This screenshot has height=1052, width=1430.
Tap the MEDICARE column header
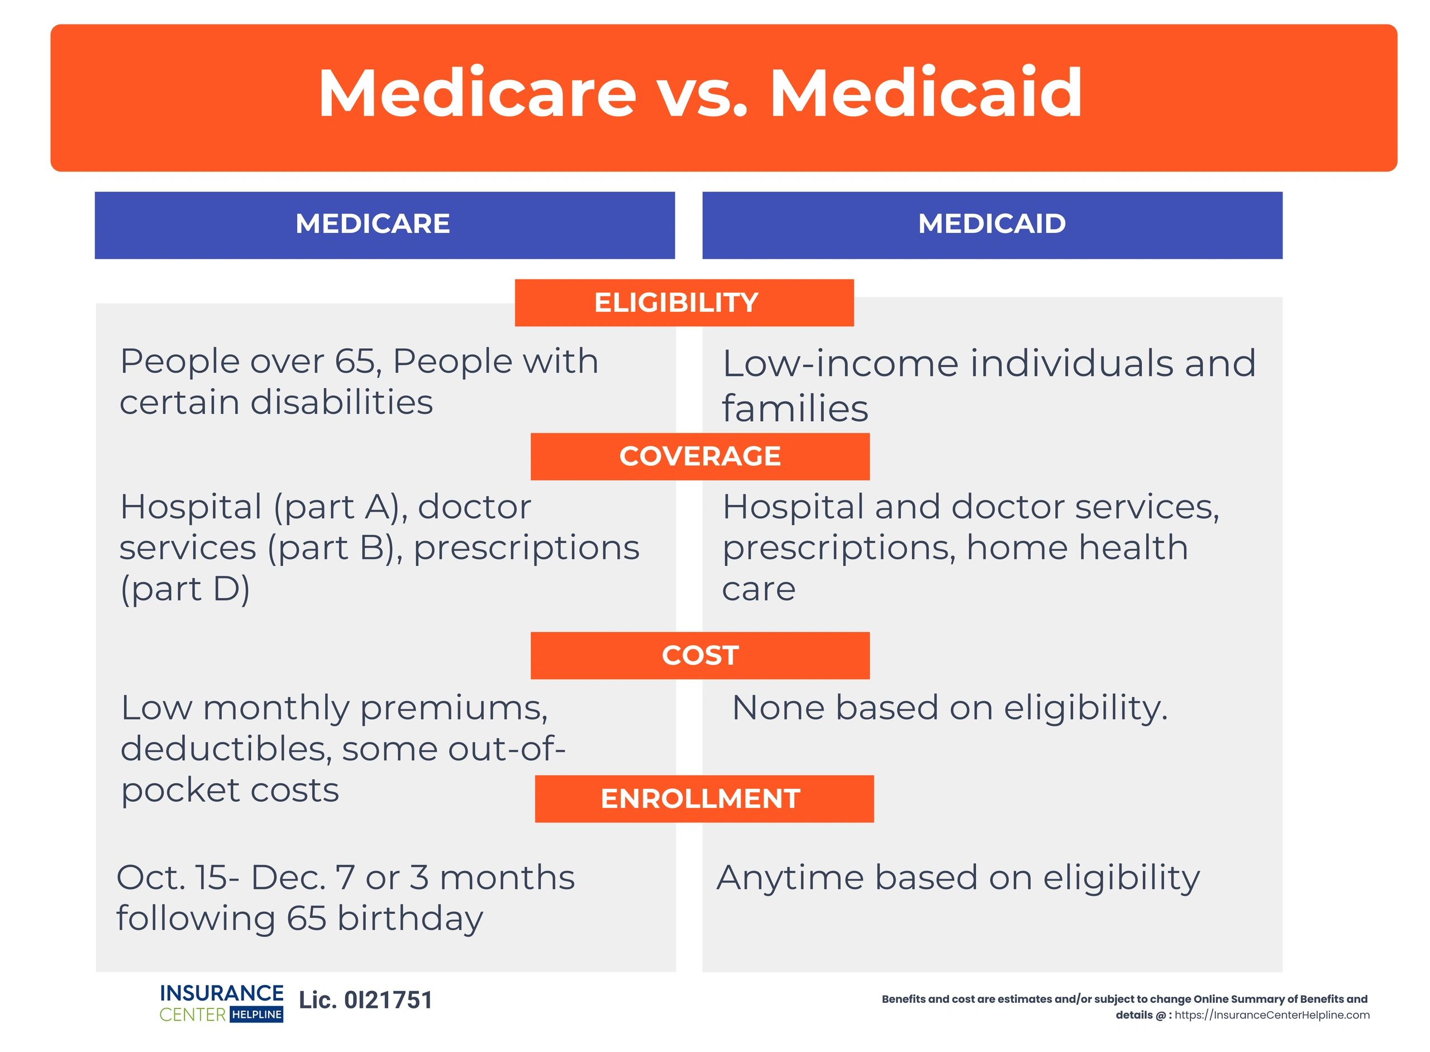(x=373, y=223)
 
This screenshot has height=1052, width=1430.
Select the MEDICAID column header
(x=992, y=223)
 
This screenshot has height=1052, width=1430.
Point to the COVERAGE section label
(x=699, y=456)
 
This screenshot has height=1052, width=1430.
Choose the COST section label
(x=699, y=655)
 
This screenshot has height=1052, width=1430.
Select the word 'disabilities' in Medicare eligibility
(x=342, y=402)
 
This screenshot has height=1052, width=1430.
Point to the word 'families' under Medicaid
(x=794, y=408)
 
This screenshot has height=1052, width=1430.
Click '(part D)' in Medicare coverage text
(x=185, y=588)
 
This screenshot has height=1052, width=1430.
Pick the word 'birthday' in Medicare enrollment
(x=409, y=919)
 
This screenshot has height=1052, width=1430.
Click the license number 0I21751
(x=388, y=1001)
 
